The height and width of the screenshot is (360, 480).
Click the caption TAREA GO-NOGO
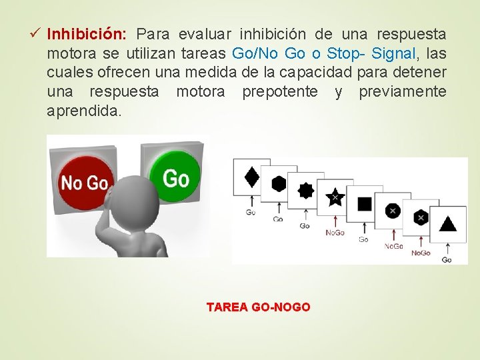258,307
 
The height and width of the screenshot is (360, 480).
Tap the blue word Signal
394,53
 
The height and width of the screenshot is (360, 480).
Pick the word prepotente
280,92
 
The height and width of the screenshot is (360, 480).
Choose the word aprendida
84,111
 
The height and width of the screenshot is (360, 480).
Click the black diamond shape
252,177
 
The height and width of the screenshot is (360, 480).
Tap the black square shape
364,203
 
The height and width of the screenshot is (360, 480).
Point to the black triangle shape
448,223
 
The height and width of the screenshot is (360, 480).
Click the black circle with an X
392,211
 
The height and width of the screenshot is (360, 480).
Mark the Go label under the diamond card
250,212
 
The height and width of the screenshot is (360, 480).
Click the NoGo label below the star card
335,232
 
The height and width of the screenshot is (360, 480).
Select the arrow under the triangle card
447,245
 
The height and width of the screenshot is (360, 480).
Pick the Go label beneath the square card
363,239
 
